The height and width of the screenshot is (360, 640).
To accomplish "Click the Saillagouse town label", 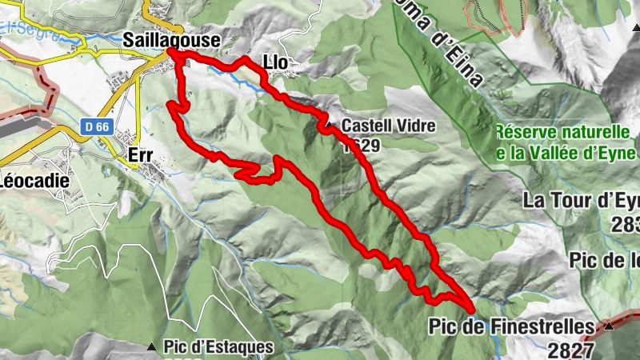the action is [171, 38].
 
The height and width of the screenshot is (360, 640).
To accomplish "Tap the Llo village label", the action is [274, 62].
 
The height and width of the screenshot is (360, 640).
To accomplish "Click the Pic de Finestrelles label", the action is [512, 326].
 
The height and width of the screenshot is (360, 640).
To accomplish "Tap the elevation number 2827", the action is [571, 349].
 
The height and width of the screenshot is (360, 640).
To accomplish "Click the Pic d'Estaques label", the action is [218, 348].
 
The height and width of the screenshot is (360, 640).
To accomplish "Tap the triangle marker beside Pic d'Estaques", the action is [151, 347].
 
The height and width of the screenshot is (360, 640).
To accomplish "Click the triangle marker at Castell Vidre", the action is [328, 125].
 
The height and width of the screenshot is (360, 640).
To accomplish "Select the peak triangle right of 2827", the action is [610, 326].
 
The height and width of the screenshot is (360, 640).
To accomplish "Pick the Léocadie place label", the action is [33, 180].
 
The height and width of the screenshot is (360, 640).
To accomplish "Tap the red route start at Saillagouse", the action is [171, 53].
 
